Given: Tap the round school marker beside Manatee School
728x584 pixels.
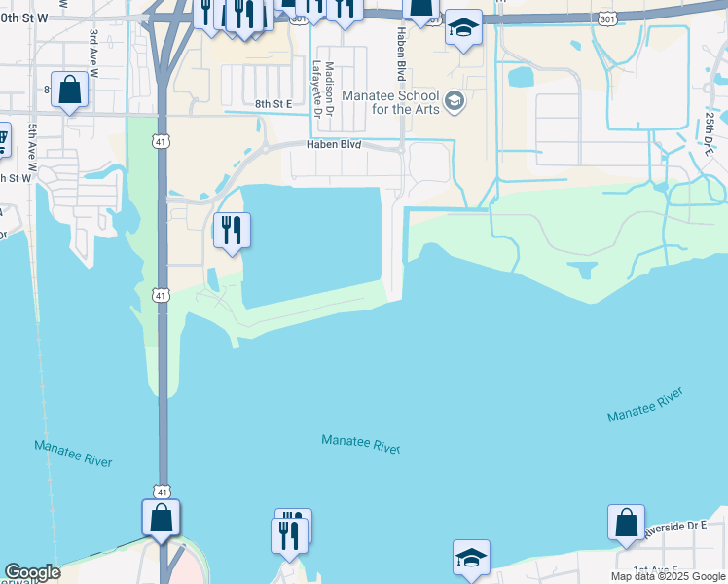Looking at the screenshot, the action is click(455, 100).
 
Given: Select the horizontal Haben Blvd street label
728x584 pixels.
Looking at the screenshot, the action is click(335, 144).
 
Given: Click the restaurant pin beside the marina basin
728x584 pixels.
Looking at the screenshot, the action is click(232, 231).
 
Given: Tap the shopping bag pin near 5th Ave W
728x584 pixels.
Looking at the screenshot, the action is click(70, 91).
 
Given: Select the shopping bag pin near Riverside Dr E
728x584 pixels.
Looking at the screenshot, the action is click(626, 523).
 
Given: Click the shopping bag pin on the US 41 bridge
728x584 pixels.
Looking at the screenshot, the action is click(162, 517).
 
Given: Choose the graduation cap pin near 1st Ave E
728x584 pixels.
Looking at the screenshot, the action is click(472, 558).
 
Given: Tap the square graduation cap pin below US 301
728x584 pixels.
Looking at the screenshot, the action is click(464, 27).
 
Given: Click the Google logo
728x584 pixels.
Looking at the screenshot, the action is click(31, 573).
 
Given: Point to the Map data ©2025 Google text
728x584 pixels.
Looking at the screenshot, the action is click(668, 576).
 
